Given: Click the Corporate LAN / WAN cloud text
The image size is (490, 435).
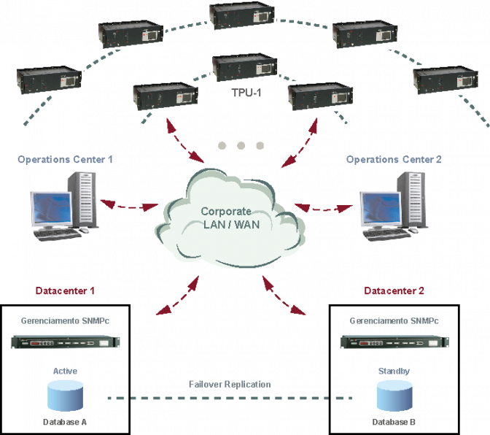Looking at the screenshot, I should point(230,217).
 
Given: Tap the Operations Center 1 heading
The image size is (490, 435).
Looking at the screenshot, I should point(65,159).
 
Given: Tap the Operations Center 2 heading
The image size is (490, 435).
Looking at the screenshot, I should point(394,159).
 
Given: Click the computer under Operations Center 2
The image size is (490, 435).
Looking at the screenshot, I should point(394,207).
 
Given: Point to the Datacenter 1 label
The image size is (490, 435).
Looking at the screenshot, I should point(66,290).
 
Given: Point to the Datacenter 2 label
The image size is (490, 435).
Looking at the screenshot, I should point(394,290).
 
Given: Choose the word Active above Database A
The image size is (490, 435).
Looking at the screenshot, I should point(65,372).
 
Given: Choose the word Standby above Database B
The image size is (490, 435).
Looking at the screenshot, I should point(394,372).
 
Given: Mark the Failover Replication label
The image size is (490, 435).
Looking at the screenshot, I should point(230,384).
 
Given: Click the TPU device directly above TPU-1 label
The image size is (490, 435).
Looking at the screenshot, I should point(245,68).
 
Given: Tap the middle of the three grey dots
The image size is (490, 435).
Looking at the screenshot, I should point(241,145).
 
